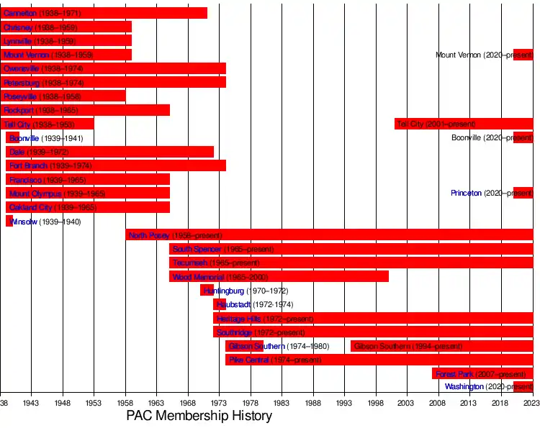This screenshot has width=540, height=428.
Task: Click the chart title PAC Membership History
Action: (199, 416)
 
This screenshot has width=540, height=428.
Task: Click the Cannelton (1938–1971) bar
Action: (104, 13)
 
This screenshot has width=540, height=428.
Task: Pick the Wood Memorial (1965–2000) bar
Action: (279, 276)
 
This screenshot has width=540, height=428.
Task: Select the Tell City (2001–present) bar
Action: (464, 124)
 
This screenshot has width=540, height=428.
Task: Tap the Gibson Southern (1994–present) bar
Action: (442, 346)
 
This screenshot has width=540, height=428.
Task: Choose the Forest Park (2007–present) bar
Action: (482, 374)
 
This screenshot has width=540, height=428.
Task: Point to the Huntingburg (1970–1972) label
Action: (246, 291)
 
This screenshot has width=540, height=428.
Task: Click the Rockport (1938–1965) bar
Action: (85, 110)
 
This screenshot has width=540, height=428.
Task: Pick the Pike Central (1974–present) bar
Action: (379, 360)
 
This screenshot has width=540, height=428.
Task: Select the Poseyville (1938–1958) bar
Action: (63, 96)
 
